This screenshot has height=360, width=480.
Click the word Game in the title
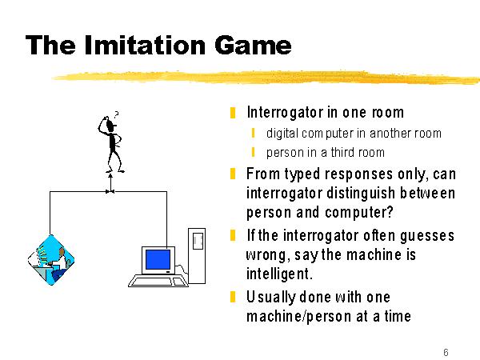click(x=253, y=45)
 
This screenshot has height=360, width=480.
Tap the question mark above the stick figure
click(x=116, y=114)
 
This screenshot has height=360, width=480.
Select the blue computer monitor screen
click(x=158, y=259)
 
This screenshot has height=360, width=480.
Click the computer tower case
click(x=197, y=256)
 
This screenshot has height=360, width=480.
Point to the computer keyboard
click(x=158, y=281)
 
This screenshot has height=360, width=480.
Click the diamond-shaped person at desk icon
click(x=51, y=260)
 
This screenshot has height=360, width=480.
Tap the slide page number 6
click(x=446, y=352)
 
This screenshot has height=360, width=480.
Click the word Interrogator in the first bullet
click(x=285, y=112)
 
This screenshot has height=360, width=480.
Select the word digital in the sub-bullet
click(x=282, y=134)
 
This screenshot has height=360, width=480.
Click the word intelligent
click(x=279, y=274)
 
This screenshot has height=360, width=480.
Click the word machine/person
click(x=298, y=316)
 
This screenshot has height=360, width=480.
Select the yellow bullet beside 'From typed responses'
click(x=233, y=174)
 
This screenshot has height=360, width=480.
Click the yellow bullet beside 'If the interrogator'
click(x=233, y=235)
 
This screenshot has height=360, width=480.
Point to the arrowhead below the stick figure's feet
click(x=110, y=176)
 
